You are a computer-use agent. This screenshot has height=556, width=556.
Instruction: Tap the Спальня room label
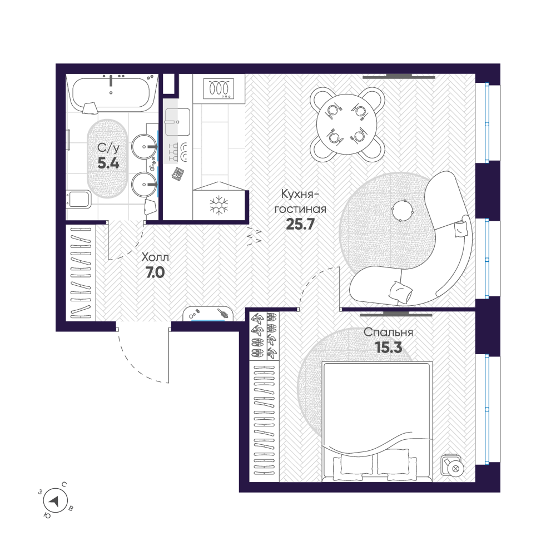[x=388, y=332]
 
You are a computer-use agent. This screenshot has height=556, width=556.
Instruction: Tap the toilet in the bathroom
[x=80, y=199]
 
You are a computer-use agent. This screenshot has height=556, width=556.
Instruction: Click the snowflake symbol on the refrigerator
[x=219, y=205]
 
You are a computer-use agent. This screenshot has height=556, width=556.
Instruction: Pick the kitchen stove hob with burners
[x=219, y=88]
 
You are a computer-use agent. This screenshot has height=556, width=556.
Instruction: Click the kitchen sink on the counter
[x=177, y=121]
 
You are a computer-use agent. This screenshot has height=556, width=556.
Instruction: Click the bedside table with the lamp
[x=453, y=466]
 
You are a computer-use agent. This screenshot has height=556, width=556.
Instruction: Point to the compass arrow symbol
[x=54, y=501]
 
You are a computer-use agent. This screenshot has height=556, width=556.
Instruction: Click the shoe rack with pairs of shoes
[x=265, y=335]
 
